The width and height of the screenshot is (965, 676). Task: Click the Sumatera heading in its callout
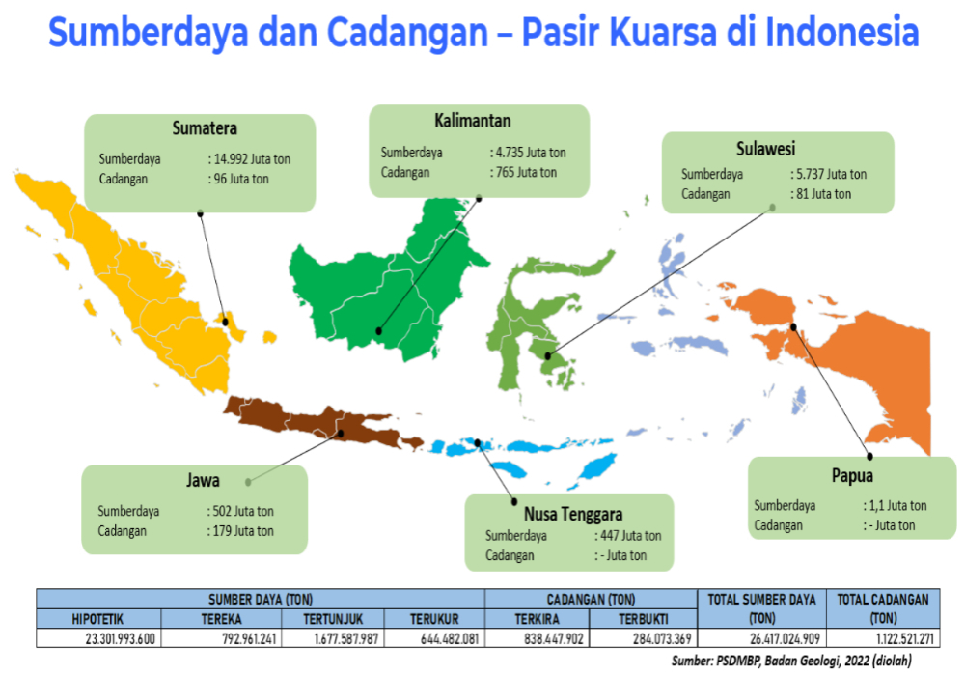coord(205,128)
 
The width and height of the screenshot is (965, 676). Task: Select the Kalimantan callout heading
coord(472,121)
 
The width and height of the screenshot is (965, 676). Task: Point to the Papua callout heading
coord(852,475)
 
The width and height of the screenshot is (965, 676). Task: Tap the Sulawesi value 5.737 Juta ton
coord(828,174)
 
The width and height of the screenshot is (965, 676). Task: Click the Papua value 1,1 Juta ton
coord(895,505)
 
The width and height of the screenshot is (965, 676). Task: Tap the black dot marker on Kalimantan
coord(378,331)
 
